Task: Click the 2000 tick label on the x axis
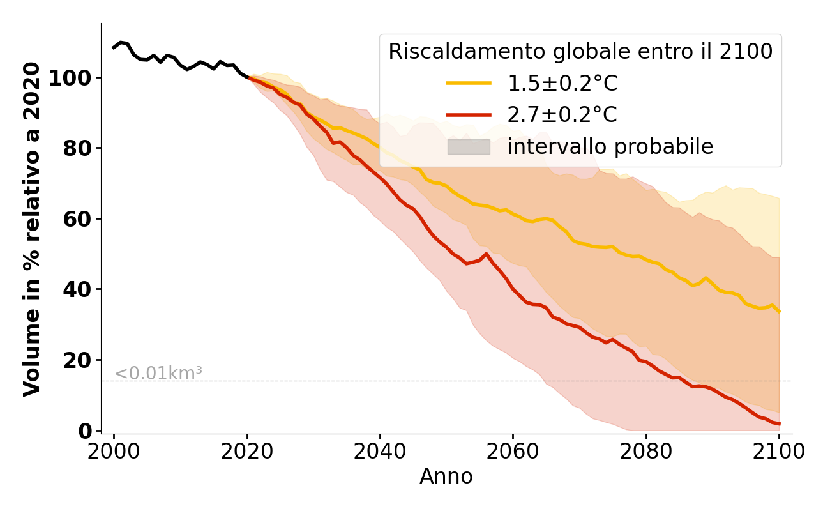[114, 452]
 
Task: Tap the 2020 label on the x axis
[247, 452]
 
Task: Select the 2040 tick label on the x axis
[380, 452]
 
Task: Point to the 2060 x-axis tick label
[513, 452]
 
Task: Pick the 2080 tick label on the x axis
[646, 452]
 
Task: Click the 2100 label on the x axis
[779, 452]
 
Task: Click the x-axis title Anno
[446, 477]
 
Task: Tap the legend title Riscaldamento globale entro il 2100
[580, 52]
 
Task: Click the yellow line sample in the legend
[469, 83]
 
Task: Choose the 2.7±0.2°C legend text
[562, 115]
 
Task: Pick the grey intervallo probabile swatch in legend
[469, 147]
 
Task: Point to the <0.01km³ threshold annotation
[158, 374]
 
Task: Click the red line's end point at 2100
[779, 423]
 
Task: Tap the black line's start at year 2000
[114, 48]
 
